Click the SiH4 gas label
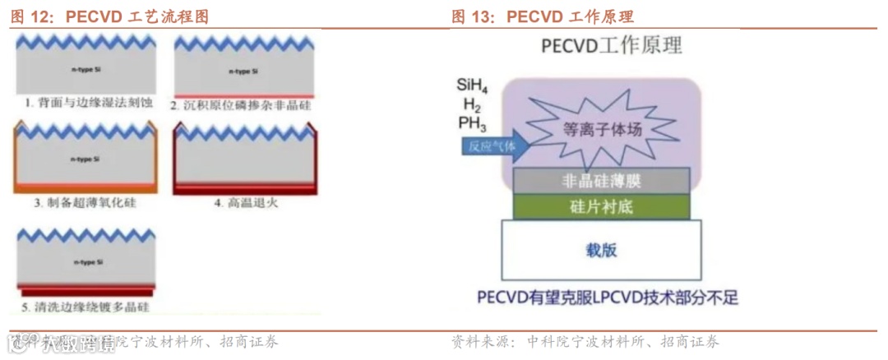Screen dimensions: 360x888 coord(474,85)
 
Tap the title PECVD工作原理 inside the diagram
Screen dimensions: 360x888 coord(612,44)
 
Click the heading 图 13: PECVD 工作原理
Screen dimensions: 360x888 coord(543,16)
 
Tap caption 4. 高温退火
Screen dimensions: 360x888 coord(247,202)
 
